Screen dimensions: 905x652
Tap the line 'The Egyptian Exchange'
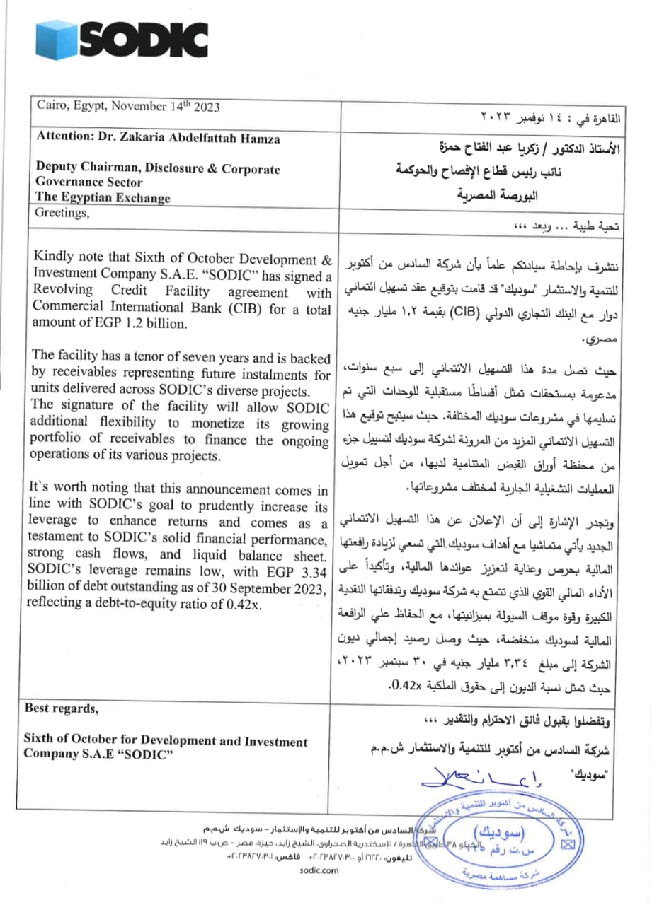(103, 197)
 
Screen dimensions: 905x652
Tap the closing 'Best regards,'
(62, 708)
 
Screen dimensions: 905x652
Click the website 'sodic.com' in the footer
(320, 870)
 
